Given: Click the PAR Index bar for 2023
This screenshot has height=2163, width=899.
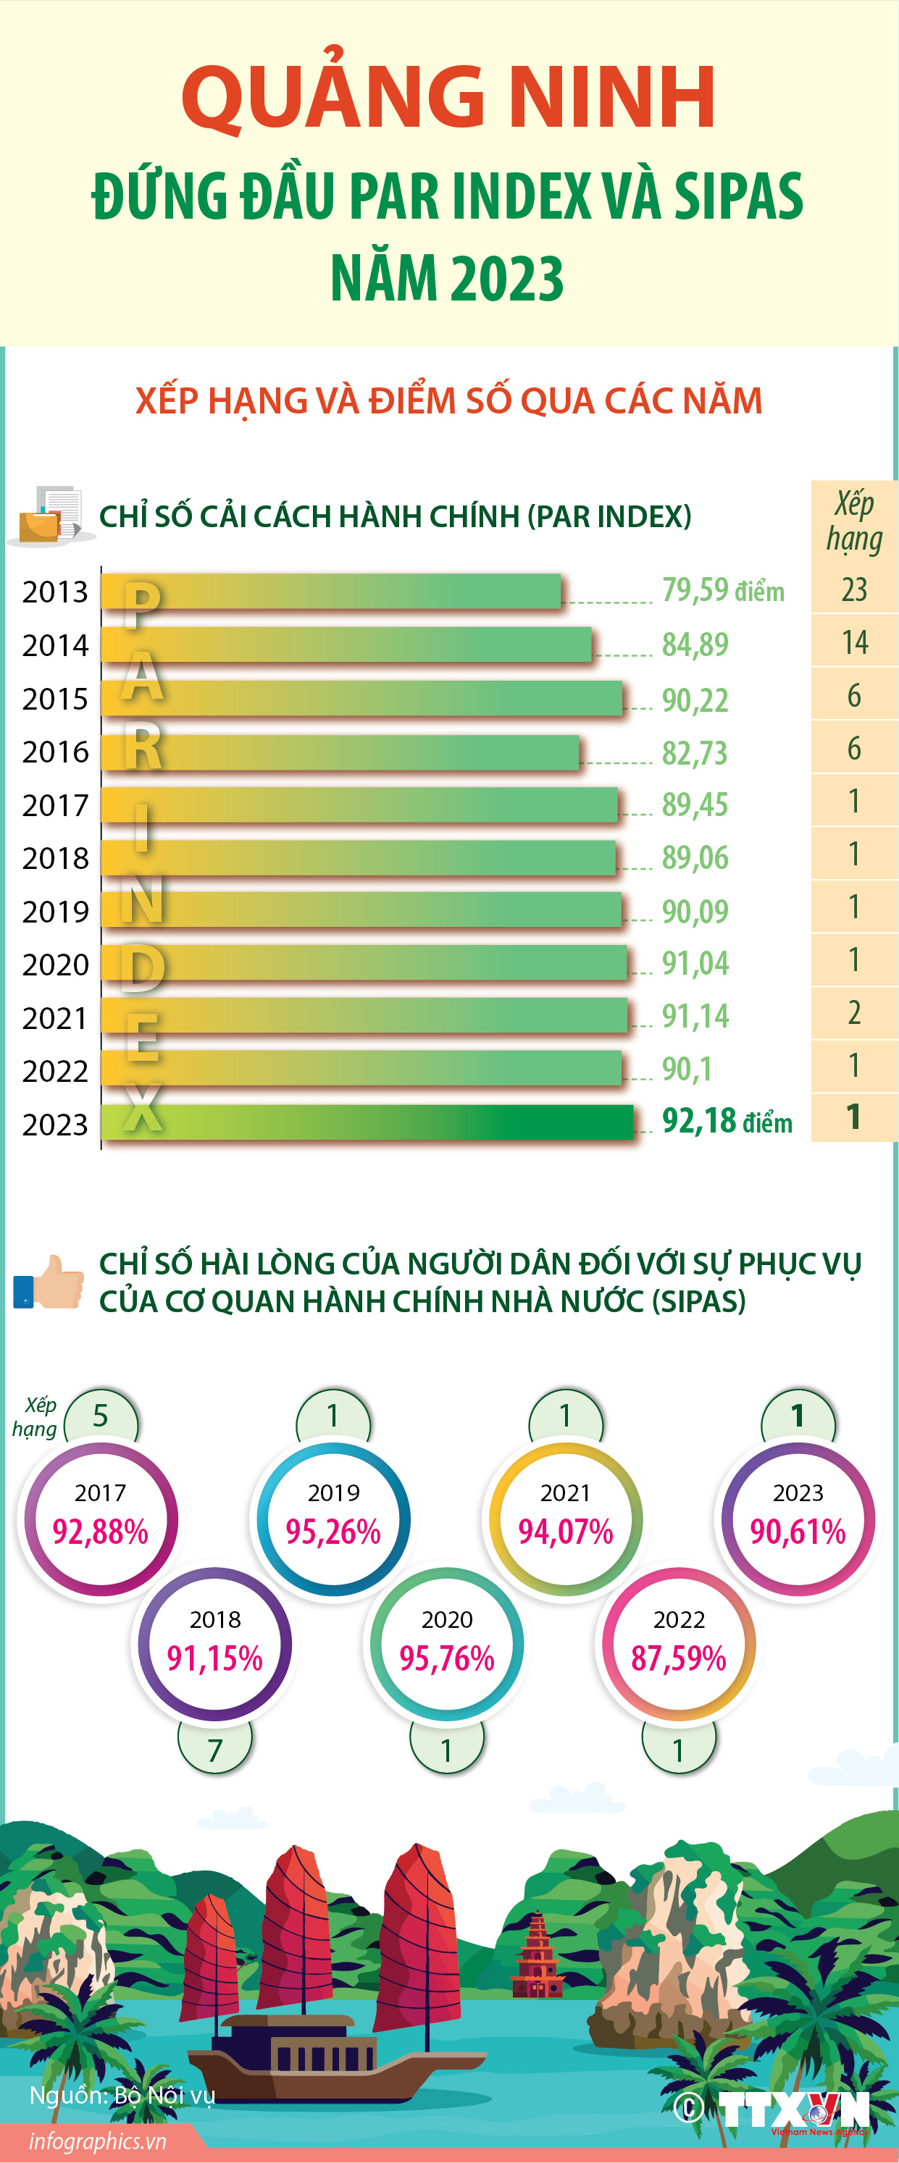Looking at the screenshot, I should pos(367,1122).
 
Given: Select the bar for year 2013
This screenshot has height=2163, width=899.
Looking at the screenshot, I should pos(331,591).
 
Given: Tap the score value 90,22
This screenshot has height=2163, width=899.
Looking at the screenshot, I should pos(695,700).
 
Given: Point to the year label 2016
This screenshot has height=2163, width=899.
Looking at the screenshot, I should pos(56,752).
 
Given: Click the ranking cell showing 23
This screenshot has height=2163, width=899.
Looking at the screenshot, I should pos(853,590).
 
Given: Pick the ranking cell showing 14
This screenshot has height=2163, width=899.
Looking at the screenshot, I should pos(853,643).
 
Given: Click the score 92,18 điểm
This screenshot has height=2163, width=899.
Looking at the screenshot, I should pos(727,1122).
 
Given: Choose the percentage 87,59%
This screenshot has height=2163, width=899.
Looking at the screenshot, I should pos(678,1658).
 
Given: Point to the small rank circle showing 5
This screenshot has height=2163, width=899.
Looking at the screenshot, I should pos(101,1416).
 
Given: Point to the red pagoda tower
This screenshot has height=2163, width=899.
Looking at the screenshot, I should pos(536,1956).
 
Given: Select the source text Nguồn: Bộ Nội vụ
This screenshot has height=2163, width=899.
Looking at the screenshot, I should pos(122,2095).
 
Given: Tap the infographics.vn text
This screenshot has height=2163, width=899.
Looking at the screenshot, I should pos(98,2141).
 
